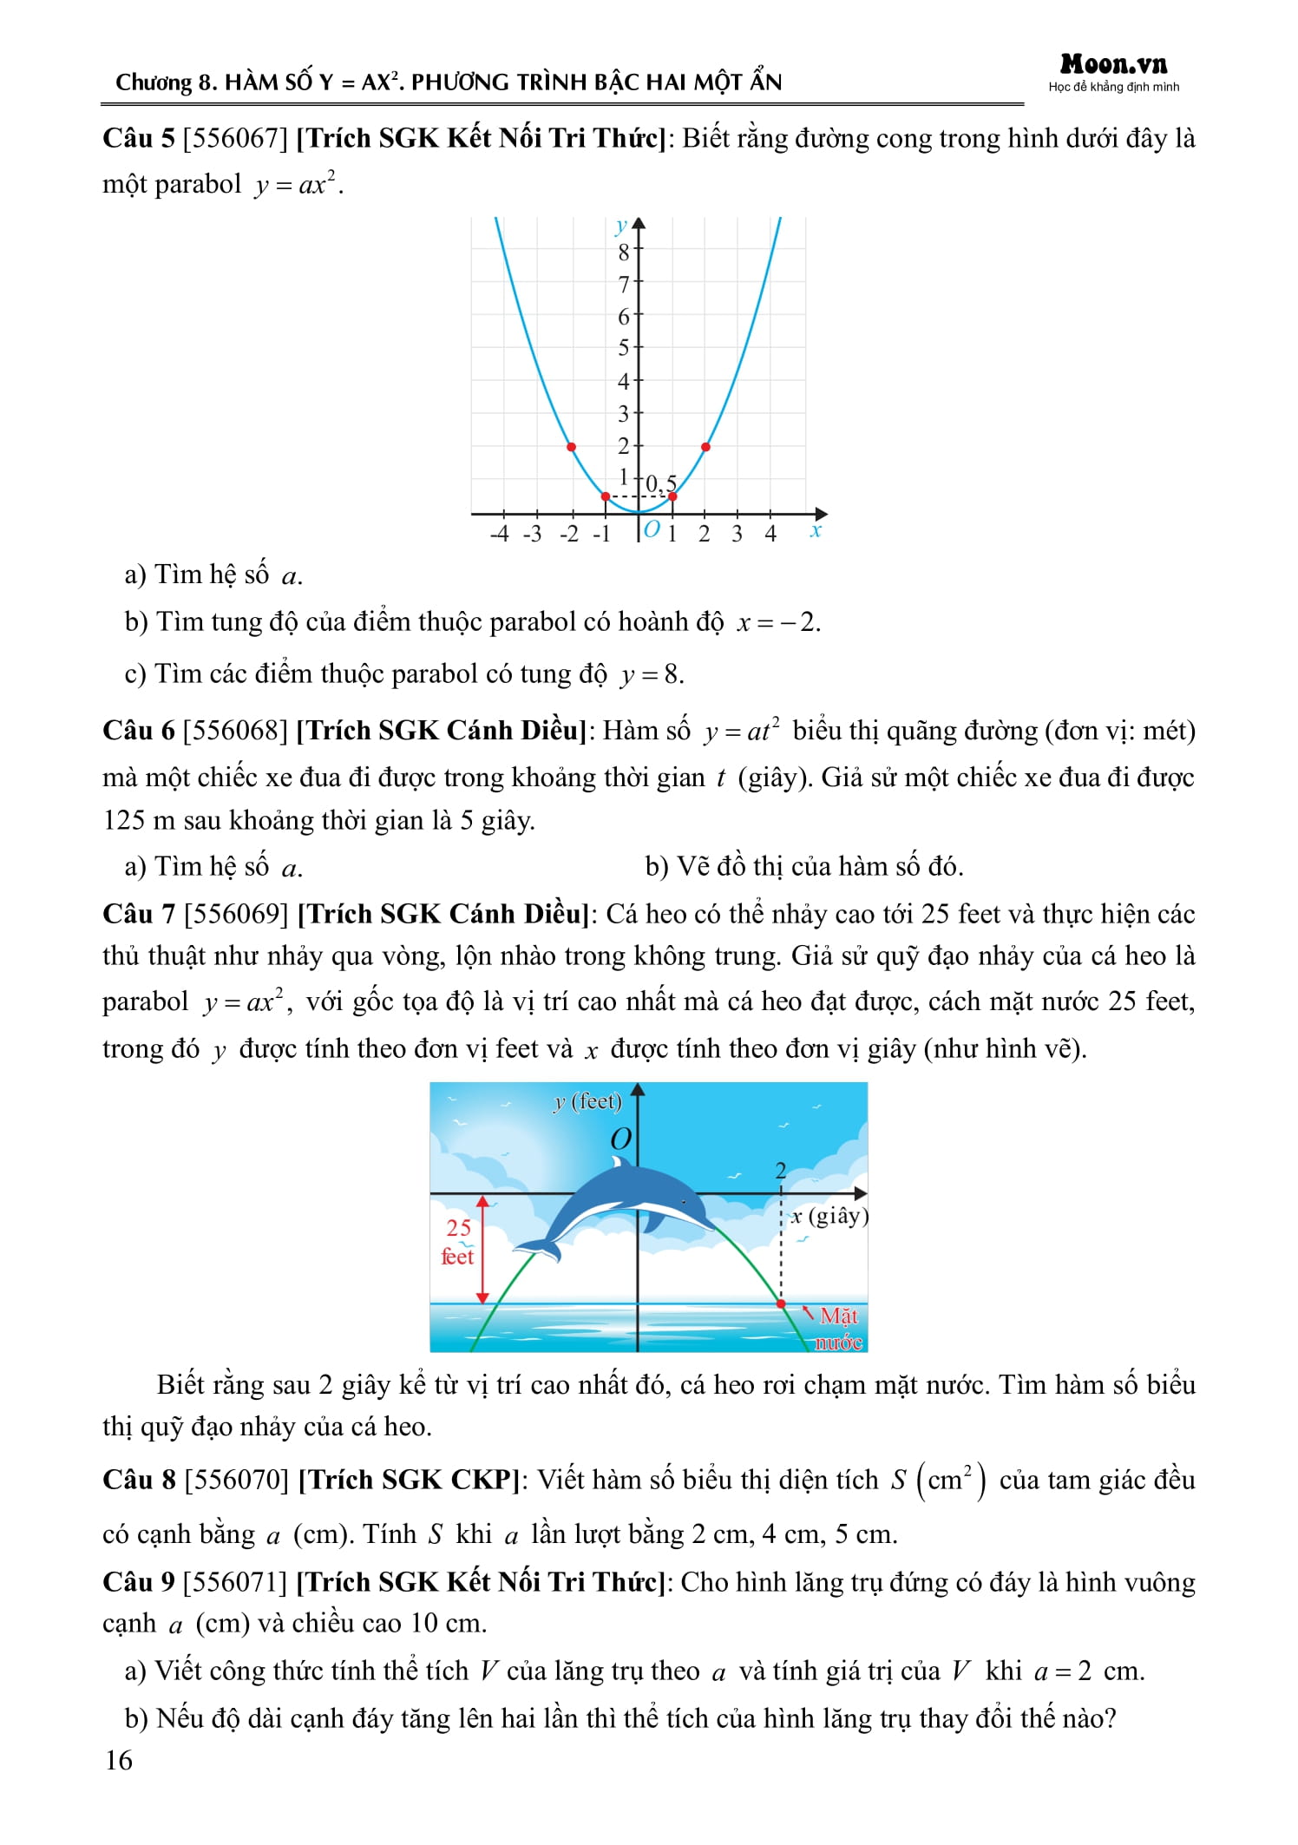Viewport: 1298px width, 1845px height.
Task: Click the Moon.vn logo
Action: pos(1113,65)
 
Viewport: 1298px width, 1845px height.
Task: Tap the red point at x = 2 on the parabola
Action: pos(705,447)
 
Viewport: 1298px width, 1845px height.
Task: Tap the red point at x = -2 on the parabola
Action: pos(571,447)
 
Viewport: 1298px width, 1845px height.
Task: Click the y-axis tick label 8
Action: pos(623,253)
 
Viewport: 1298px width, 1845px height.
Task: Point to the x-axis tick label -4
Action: pos(499,534)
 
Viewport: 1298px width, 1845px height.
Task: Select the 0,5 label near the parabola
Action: pos(661,483)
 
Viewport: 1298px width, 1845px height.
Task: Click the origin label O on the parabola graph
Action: pos(652,529)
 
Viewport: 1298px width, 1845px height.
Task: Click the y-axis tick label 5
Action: pos(623,348)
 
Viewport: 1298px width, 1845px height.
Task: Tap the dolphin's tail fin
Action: pos(535,1248)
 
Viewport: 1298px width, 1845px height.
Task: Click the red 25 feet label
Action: pos(458,1241)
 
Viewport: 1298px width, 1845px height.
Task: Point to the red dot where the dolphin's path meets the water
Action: pos(781,1303)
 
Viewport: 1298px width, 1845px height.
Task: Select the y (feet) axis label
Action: pos(587,1101)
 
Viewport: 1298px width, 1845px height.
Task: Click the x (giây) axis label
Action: pos(829,1216)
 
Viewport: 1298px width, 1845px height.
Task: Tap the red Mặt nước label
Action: pos(838,1328)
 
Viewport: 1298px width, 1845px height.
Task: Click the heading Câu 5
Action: pos(139,138)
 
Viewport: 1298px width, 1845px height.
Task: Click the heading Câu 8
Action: pos(139,1480)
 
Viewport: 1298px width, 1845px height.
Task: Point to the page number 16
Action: pos(118,1760)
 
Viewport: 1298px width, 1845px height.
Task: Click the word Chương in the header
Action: pos(153,82)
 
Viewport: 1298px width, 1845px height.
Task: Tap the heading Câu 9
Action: pos(139,1582)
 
